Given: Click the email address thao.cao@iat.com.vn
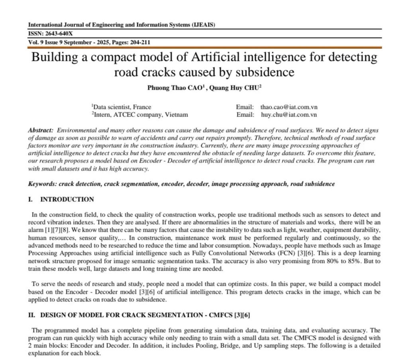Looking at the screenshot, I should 289,107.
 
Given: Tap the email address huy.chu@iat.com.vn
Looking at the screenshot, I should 289,115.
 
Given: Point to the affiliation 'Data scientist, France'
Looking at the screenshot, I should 122,107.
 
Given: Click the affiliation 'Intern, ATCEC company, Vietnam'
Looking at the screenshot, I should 140,115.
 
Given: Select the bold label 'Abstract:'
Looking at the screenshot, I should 40,131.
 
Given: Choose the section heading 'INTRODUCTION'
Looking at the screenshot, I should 67,200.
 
